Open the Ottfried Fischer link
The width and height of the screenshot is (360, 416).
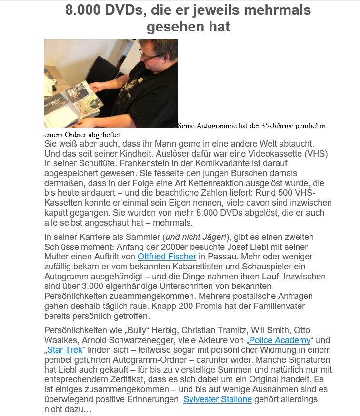click(167, 257)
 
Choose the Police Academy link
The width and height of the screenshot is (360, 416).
click(280, 340)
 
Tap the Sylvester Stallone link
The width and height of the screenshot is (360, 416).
click(218, 399)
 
